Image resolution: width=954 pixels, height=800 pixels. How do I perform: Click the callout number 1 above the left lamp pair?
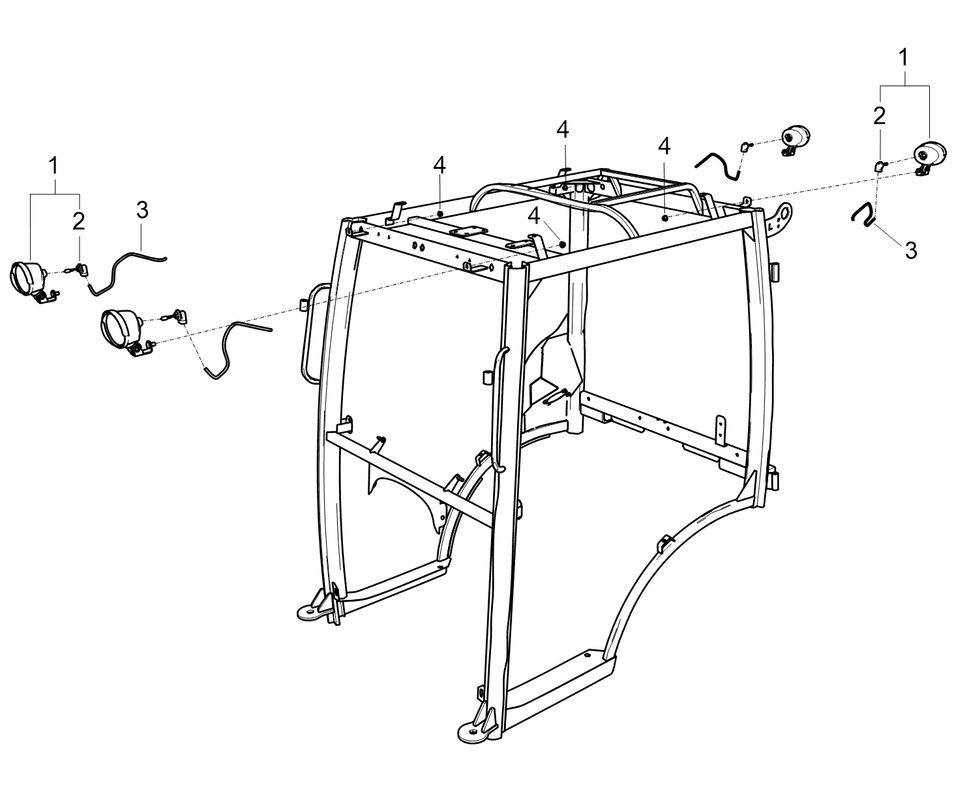point(54,166)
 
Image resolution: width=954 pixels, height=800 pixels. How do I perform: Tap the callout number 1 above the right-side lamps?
point(903,58)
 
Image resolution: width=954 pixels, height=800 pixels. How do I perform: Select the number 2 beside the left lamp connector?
point(79,221)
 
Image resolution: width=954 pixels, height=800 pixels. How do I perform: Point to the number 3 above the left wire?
point(142,210)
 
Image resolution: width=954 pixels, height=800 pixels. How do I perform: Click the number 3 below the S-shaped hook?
point(911,250)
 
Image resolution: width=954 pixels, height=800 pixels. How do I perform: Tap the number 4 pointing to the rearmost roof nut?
point(563,130)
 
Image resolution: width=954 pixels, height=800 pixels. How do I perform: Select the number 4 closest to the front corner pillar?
point(533,216)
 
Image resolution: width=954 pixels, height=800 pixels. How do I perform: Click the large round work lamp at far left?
point(28,281)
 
